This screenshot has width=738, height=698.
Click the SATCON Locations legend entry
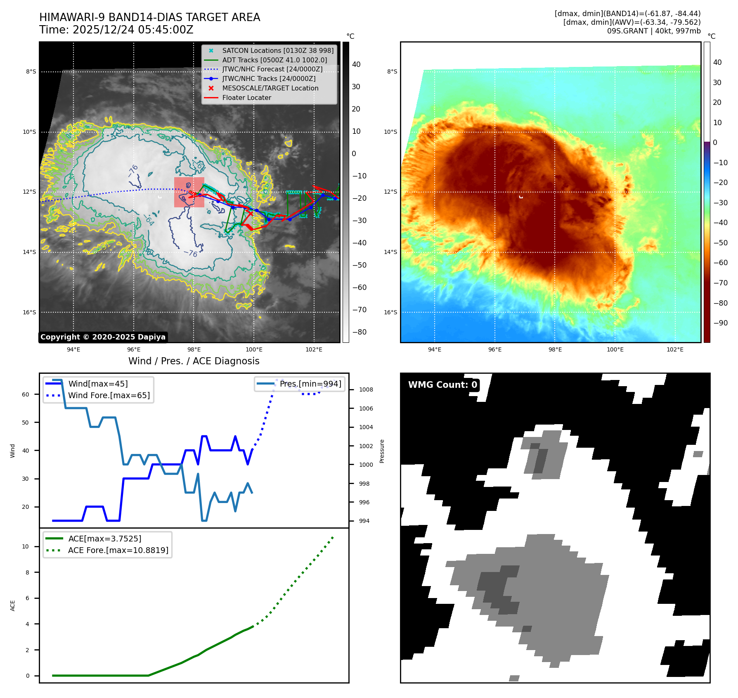pyautogui.click(x=277, y=50)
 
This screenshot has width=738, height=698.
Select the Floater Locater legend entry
pyautogui.click(x=246, y=98)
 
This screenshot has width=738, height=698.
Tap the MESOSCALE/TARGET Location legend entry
pyautogui.click(x=270, y=88)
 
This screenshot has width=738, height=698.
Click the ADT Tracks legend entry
pyautogui.click(x=274, y=60)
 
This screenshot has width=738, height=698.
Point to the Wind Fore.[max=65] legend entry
pyautogui.click(x=109, y=395)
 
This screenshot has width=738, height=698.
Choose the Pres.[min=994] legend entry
pyautogui.click(x=310, y=384)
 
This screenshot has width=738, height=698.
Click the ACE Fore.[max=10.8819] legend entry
pyautogui.click(x=118, y=550)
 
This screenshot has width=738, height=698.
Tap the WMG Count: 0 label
pyautogui.click(x=442, y=385)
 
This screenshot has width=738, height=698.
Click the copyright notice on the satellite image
pyautogui.click(x=103, y=337)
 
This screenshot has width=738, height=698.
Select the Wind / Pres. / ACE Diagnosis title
pyautogui.click(x=194, y=361)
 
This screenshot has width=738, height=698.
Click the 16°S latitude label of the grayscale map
pyautogui.click(x=29, y=312)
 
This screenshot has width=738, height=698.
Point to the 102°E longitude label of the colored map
pyautogui.click(x=675, y=349)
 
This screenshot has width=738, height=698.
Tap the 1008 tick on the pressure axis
pyautogui.click(x=366, y=389)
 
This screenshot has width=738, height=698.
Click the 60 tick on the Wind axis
pyautogui.click(x=26, y=394)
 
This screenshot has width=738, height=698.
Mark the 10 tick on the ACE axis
pyautogui.click(x=26, y=546)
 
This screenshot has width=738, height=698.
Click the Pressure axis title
pyautogui.click(x=382, y=451)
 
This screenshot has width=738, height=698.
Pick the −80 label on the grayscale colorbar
pyautogui.click(x=359, y=332)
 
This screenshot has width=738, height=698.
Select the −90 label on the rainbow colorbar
pyautogui.click(x=720, y=323)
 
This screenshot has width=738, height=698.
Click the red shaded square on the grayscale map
pyautogui.click(x=189, y=192)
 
